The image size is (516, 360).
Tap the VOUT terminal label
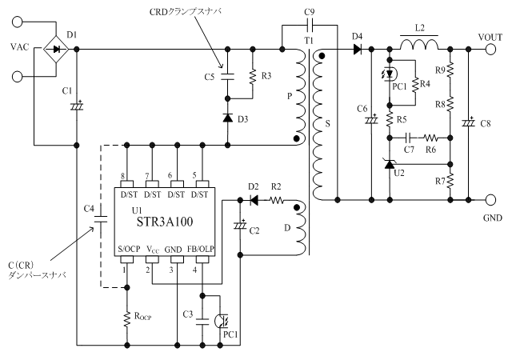[490, 37]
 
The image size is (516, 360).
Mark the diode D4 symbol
[356, 49]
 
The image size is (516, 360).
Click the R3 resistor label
[266, 75]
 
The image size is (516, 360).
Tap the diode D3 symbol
[228, 118]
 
